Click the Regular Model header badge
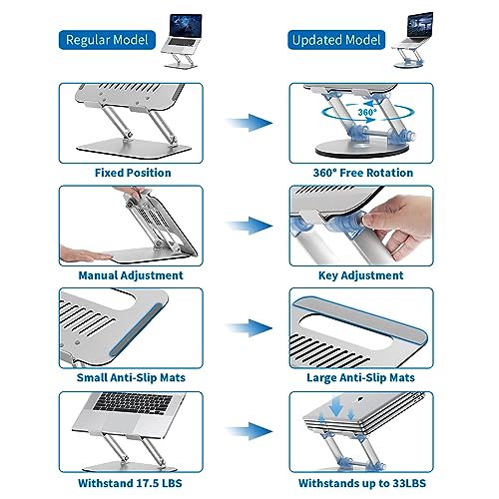pos(107,40)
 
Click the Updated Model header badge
pos(336,40)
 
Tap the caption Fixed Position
pos(133,173)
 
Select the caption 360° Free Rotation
pos(363,173)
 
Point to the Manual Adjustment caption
pos(131,275)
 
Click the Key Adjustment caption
pos(361,275)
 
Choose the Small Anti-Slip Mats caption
pos(131,377)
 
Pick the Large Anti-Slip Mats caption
pos(360,377)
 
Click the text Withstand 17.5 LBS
pos(130,483)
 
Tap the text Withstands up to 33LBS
pos(362,483)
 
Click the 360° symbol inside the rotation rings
pos(367,112)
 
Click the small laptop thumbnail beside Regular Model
pos(182,41)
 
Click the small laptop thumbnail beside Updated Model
pos(412,40)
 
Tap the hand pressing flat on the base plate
pos(85,253)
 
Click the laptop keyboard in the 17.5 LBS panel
pos(134,403)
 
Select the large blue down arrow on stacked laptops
pos(336,406)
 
